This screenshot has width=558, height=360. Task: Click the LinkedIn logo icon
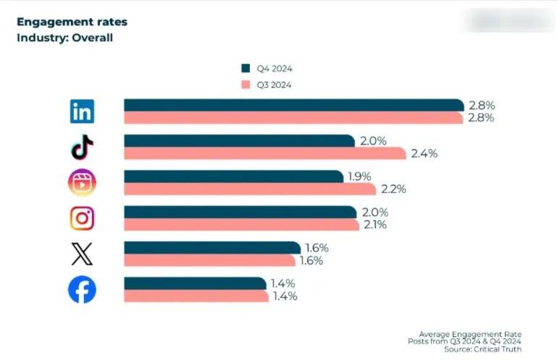pos(82,112)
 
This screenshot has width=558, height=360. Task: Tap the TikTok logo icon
pos(82,147)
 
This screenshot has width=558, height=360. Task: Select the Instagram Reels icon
pos(82,183)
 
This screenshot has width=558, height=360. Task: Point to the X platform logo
pos(82,254)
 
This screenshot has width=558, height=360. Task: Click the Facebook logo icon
pos(82,290)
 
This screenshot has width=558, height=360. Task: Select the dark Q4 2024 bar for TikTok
pos(239,141)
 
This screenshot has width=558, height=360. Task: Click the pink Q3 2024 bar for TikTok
pos(265,153)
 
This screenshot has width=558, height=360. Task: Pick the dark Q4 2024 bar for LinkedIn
pos(293,105)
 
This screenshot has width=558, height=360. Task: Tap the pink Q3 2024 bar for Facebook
pos(196,296)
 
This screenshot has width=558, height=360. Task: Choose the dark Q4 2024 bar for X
pos(212,248)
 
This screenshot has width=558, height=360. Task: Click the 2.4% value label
pos(425,154)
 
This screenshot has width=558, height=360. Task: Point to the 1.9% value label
pos(360,176)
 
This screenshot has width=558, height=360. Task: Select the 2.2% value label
pos(393,189)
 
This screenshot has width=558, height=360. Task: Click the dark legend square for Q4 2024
pos(245,68)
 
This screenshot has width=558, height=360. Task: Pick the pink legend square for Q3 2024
pos(245,84)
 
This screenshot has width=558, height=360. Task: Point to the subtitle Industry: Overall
pos(65,37)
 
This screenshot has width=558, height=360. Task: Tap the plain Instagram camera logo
pos(82,218)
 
